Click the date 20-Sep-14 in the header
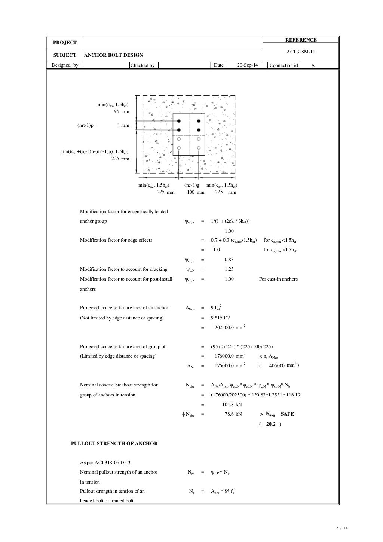point(248,65)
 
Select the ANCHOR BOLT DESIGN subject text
point(114,55)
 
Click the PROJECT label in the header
point(65,43)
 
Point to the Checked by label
point(143,65)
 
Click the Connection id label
point(284,65)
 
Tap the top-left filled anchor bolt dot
point(179,121)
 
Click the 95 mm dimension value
point(122,112)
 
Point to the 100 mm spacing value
point(196,192)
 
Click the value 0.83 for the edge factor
point(229,260)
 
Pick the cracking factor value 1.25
point(229,269)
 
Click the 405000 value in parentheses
point(277,365)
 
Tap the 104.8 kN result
point(232,404)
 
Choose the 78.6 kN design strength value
point(233,414)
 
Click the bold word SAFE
point(287,414)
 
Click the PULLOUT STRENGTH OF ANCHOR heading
point(114,444)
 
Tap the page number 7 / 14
point(342,528)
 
